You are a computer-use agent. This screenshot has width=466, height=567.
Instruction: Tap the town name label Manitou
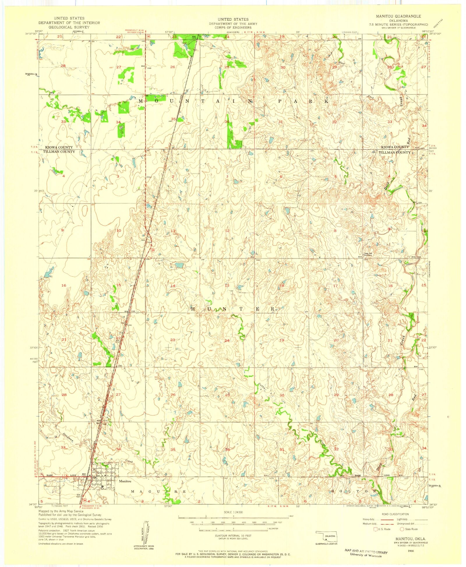125,481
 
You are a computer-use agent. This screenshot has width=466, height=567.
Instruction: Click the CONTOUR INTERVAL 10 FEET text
233,536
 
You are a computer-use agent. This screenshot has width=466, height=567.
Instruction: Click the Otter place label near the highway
149,177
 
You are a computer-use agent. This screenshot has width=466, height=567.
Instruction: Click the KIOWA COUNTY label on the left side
59,147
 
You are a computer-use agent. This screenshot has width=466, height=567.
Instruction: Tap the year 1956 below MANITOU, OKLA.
411,551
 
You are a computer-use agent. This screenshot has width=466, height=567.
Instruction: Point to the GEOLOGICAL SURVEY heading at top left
69,27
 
